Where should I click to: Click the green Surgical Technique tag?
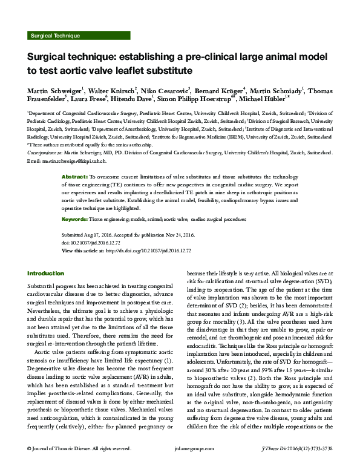[54, 36]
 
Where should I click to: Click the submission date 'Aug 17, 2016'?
[103, 233]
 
